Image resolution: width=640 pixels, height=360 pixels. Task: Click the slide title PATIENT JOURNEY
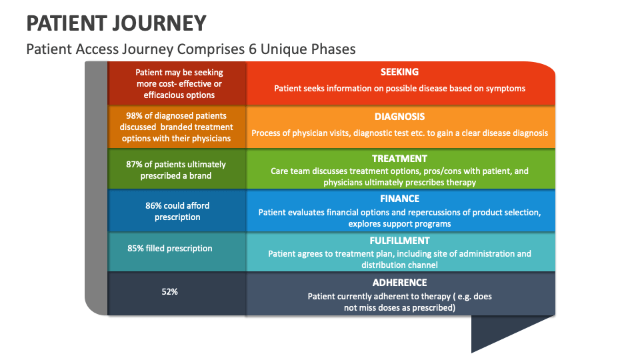116,23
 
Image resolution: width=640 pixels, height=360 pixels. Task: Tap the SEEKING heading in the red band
399,72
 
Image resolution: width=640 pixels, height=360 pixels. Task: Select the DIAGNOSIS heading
399,117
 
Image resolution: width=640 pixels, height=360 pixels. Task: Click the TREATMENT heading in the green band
399,159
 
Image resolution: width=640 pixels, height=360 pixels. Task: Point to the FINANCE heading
399,199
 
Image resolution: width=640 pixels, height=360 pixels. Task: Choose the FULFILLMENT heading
399,241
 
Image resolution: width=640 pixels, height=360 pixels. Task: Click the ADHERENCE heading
399,283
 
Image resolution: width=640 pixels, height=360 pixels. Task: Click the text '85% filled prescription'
170,249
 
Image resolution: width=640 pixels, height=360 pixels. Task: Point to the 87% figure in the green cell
135,165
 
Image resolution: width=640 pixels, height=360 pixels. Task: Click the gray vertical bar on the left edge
96,187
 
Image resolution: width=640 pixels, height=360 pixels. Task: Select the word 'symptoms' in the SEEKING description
508,89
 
